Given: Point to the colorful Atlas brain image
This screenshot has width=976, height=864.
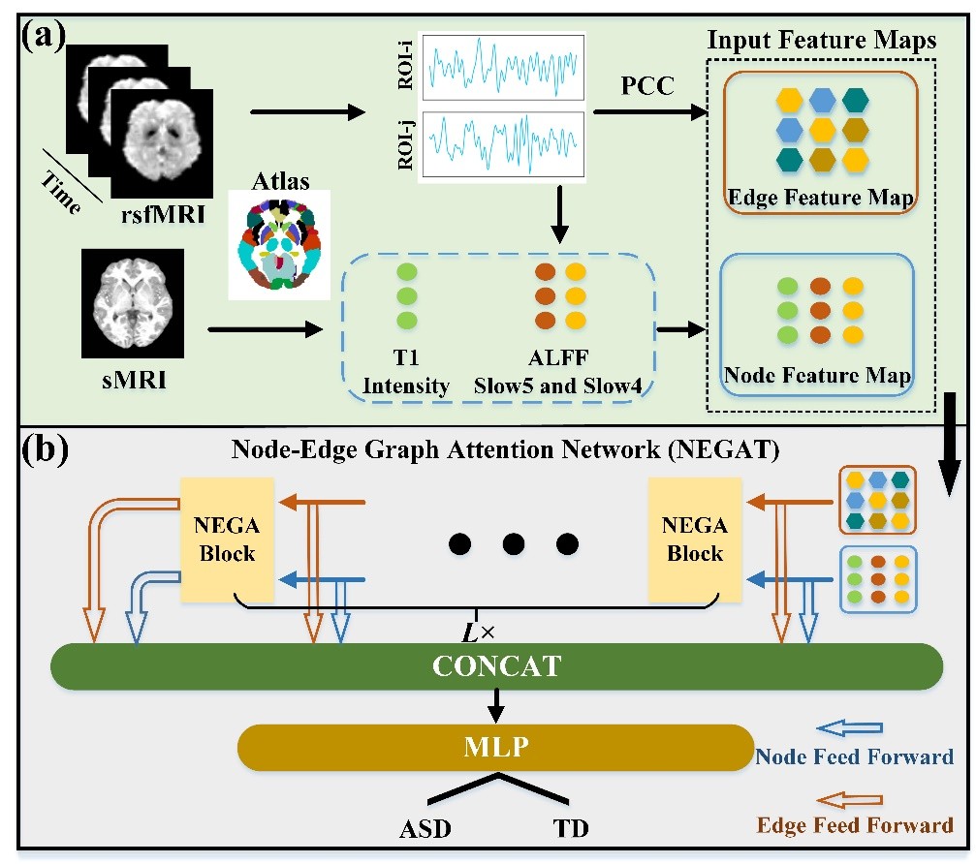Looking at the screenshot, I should (279, 243).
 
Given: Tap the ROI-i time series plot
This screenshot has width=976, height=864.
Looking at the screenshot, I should (503, 71).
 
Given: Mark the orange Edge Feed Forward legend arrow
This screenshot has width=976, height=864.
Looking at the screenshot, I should (850, 800).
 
